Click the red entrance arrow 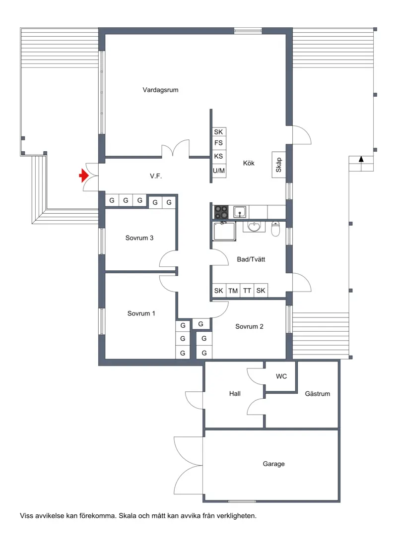(83, 176)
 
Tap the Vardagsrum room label (160, 90)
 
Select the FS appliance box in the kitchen (218, 143)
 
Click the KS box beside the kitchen (218, 156)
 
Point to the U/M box (218, 171)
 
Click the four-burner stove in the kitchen (221, 212)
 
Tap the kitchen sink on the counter (240, 211)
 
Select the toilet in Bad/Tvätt (276, 229)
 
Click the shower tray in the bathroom (224, 231)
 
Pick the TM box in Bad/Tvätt (233, 291)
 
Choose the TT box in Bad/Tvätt (247, 291)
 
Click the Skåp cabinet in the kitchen (278, 165)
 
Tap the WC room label (281, 376)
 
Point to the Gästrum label (318, 394)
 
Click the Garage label (274, 464)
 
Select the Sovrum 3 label (139, 238)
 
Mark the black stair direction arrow (361, 159)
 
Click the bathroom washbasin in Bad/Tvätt (254, 227)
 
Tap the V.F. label (156, 176)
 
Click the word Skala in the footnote (128, 516)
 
